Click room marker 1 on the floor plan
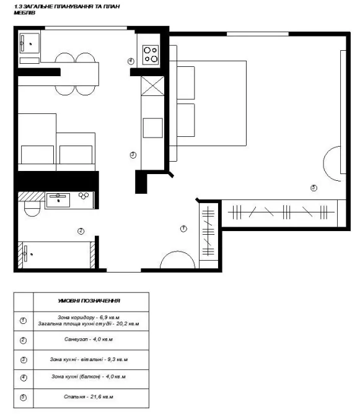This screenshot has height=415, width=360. coord(183,229)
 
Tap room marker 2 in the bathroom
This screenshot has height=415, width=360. coord(81,231)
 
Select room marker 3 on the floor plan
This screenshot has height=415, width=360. coord(133,155)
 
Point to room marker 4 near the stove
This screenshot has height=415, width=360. coord(131,61)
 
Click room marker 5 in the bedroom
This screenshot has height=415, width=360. coord(314,188)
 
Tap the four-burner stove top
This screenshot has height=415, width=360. coord(151,55)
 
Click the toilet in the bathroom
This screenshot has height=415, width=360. coord(32,207)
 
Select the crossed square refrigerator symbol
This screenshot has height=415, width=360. coord(152,85)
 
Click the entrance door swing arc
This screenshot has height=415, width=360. coord(177,251)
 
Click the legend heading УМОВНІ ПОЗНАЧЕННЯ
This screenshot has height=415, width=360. coord(89,300)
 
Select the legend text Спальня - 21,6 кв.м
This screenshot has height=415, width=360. coord(89,397)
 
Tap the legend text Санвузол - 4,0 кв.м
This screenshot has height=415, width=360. coord(89,339)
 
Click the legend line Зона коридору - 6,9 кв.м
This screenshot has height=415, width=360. coord(89,317)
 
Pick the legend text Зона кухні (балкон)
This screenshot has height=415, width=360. coord(76,377)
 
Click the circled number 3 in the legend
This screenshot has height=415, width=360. coord(24,360)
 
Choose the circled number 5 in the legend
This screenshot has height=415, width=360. coord(24,397)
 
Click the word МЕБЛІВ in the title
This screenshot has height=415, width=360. coord(24,12)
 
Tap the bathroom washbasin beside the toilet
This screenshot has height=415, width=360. coord(58,200)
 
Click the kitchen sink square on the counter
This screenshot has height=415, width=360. coord(152,128)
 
